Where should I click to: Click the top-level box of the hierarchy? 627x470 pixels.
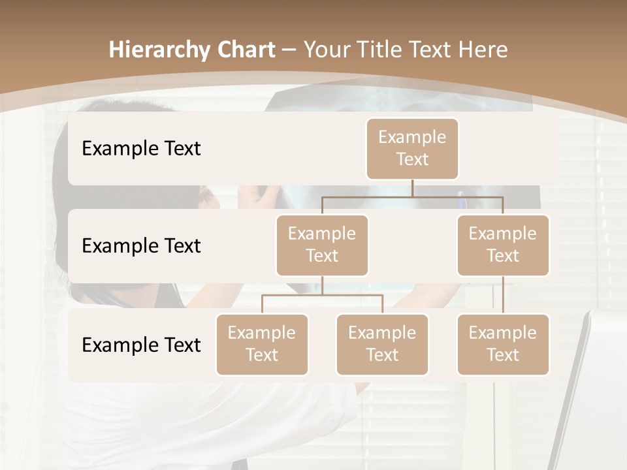pyautogui.click(x=412, y=149)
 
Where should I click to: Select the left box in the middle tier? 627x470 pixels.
pyautogui.click(x=322, y=245)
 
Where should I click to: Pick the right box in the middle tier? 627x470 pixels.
pyautogui.click(x=503, y=245)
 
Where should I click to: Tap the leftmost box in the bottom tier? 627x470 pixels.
pyautogui.click(x=262, y=345)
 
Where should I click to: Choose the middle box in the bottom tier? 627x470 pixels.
pyautogui.click(x=382, y=345)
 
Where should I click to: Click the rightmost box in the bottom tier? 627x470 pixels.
pyautogui.click(x=503, y=345)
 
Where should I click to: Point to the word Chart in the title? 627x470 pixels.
pyautogui.click(x=242, y=50)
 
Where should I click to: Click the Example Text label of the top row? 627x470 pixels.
pyautogui.click(x=141, y=149)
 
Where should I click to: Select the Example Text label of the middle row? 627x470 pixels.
pyautogui.click(x=141, y=246)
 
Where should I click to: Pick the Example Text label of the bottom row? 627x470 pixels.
pyautogui.click(x=141, y=345)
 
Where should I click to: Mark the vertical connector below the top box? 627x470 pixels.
pyautogui.click(x=412, y=188)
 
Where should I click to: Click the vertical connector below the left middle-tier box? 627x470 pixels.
pyautogui.click(x=322, y=285)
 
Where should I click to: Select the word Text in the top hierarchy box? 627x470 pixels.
pyautogui.click(x=412, y=159)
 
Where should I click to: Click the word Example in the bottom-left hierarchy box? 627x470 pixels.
pyautogui.click(x=261, y=334)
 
